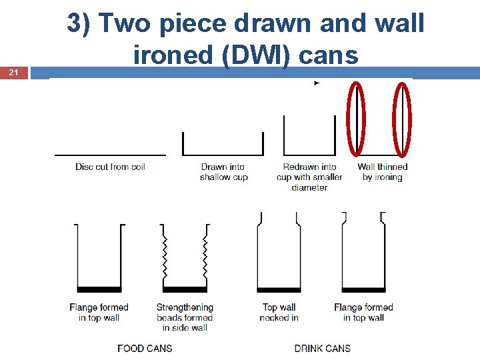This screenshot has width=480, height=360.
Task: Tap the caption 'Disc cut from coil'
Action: [110, 167]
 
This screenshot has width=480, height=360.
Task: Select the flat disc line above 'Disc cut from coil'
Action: [110, 155]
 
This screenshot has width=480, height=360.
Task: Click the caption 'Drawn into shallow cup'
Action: [223, 172]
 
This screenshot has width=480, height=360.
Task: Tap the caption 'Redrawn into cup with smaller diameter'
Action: [309, 177]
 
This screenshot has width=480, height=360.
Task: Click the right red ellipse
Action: [402, 119]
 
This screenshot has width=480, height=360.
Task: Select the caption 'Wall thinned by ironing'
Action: [383, 172]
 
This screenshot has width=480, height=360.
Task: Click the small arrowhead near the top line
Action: [316, 83]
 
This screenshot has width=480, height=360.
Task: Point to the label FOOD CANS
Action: [145, 348]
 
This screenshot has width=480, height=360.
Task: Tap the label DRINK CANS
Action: [322, 348]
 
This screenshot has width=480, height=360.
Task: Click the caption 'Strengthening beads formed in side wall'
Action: [185, 317]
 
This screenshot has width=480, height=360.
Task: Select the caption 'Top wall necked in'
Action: [279, 313]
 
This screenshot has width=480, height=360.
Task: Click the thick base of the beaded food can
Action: [185, 289]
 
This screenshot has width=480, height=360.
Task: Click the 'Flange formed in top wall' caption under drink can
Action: [363, 313]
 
